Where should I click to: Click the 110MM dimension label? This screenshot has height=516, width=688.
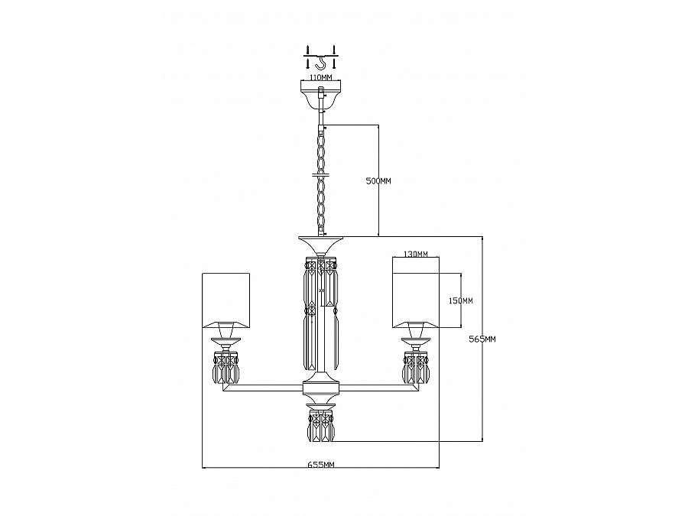click(321, 78)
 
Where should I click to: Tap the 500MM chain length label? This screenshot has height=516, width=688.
click(378, 180)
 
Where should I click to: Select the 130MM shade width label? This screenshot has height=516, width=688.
click(415, 254)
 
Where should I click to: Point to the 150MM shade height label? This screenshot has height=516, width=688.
click(461, 300)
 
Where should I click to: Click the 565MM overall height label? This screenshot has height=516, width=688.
click(482, 339)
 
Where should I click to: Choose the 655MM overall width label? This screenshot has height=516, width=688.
click(321, 465)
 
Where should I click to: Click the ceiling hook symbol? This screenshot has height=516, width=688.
click(321, 63)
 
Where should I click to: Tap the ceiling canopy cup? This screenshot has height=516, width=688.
click(321, 96)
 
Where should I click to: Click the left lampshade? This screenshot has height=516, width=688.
click(226, 300)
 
